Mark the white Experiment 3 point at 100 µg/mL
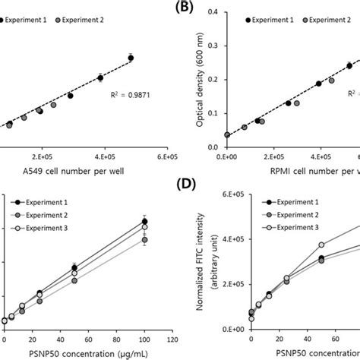coord(144,227)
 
